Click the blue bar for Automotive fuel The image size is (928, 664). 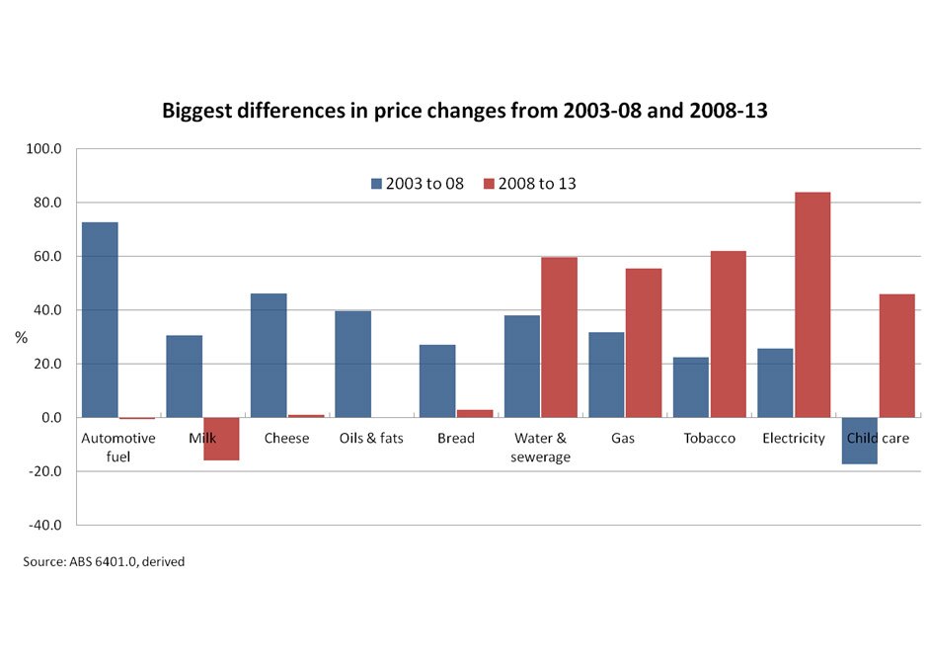[x=100, y=320]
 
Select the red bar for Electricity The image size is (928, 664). [x=812, y=304]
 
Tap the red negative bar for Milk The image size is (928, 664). [x=221, y=439]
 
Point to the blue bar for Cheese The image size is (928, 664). [x=269, y=356]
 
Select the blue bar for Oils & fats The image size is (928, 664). [x=353, y=365]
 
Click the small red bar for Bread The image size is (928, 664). [x=475, y=413]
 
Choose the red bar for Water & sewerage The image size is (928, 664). [x=559, y=337]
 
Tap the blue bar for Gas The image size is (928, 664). [x=606, y=374]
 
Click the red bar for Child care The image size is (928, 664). [x=896, y=356]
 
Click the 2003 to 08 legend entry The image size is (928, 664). [x=418, y=183]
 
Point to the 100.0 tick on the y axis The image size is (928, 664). [x=44, y=149]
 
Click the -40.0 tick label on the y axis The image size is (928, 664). [x=44, y=525]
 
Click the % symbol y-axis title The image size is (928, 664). [x=21, y=338]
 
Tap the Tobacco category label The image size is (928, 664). [x=709, y=438]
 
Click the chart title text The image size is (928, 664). [x=464, y=112]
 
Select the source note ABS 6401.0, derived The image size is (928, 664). [x=104, y=562]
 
